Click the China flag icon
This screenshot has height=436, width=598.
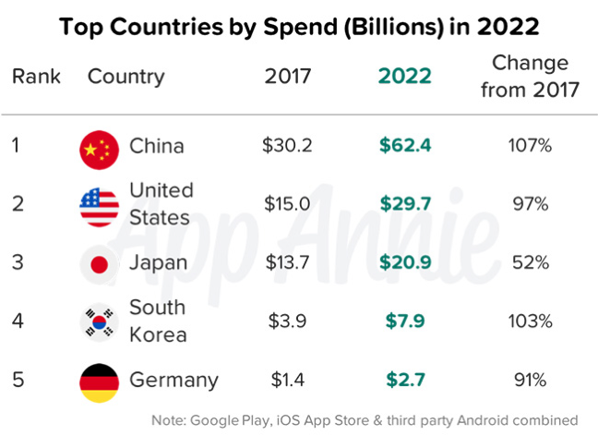[99, 146]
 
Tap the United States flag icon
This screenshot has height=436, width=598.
[99, 204]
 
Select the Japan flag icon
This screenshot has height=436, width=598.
[99, 263]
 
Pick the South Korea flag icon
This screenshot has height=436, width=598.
[99, 321]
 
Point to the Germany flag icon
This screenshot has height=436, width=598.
[99, 380]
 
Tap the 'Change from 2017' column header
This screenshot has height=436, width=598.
[531, 76]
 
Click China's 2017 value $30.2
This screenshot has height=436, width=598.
[288, 146]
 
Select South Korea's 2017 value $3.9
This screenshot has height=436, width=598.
[288, 321]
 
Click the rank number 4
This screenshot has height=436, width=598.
[18, 321]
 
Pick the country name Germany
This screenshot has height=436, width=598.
[174, 380]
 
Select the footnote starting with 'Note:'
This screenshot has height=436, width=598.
[365, 419]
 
